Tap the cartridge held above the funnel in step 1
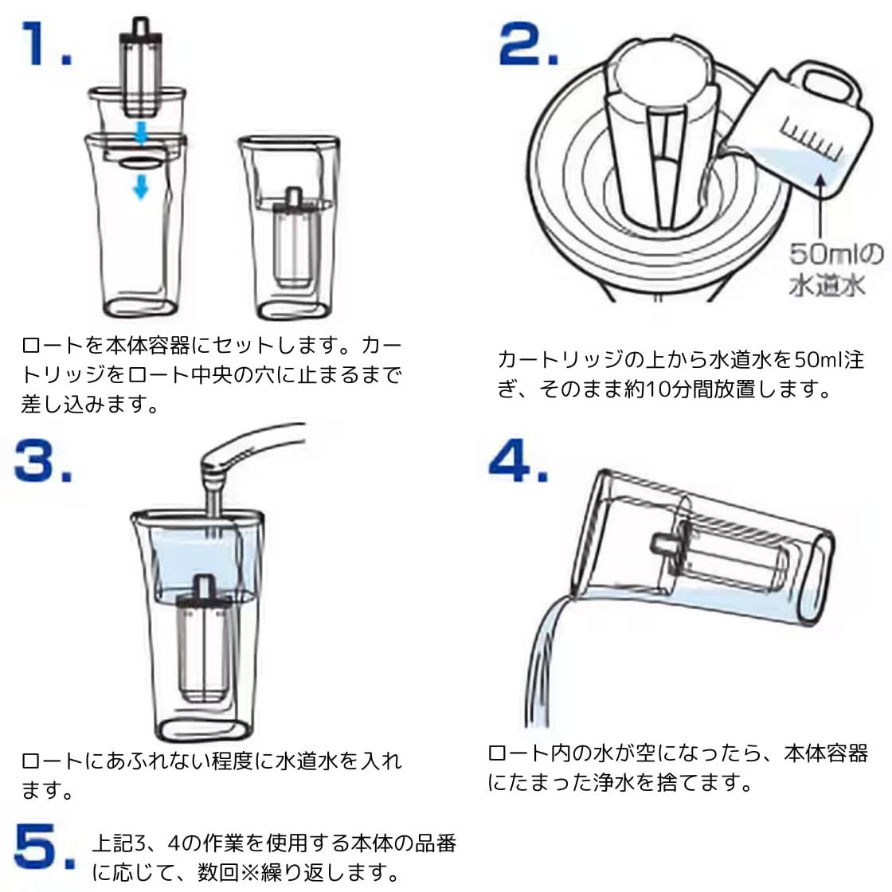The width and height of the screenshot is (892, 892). point(140,68)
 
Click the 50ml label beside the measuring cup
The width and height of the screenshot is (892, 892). point(835,256)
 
